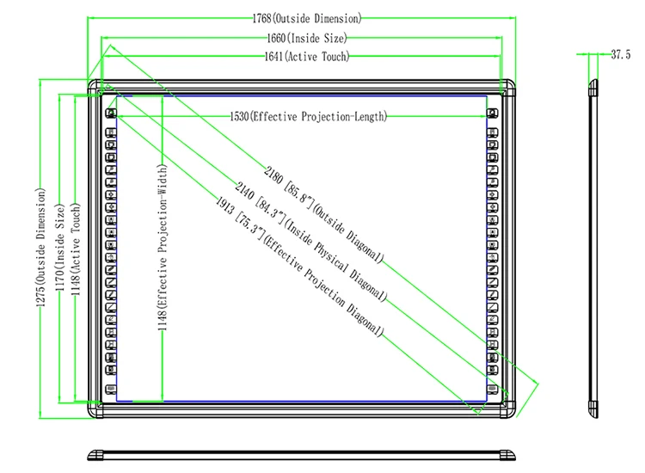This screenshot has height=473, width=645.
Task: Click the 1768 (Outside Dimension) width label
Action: [307, 19]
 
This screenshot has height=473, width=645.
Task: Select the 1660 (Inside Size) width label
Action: [307, 38]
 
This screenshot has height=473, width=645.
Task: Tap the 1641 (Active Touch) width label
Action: [307, 57]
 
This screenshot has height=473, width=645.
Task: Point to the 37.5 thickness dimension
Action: [620, 54]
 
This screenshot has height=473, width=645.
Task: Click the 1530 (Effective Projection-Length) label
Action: [309, 116]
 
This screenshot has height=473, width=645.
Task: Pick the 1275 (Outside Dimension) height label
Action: [40, 248]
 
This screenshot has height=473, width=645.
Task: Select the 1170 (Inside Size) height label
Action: [60, 248]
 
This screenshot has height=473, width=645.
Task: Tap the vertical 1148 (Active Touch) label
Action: [76, 249]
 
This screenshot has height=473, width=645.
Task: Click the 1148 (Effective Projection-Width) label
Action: [163, 248]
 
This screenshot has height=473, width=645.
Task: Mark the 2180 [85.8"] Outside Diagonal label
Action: [323, 215]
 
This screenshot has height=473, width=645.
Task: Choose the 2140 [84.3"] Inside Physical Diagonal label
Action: [311, 242]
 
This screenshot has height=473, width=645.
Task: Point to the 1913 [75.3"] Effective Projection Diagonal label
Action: [300, 267]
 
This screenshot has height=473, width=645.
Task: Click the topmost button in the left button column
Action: [111, 114]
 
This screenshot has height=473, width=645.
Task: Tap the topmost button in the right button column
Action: [493, 114]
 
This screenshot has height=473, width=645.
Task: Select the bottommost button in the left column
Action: [111, 389]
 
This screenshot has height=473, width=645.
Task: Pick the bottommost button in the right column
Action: [493, 389]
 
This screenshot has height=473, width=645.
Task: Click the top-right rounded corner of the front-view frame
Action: [509, 86]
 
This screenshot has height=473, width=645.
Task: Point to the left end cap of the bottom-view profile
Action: [95, 455]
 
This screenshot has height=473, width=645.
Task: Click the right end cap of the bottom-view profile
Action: [507, 455]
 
